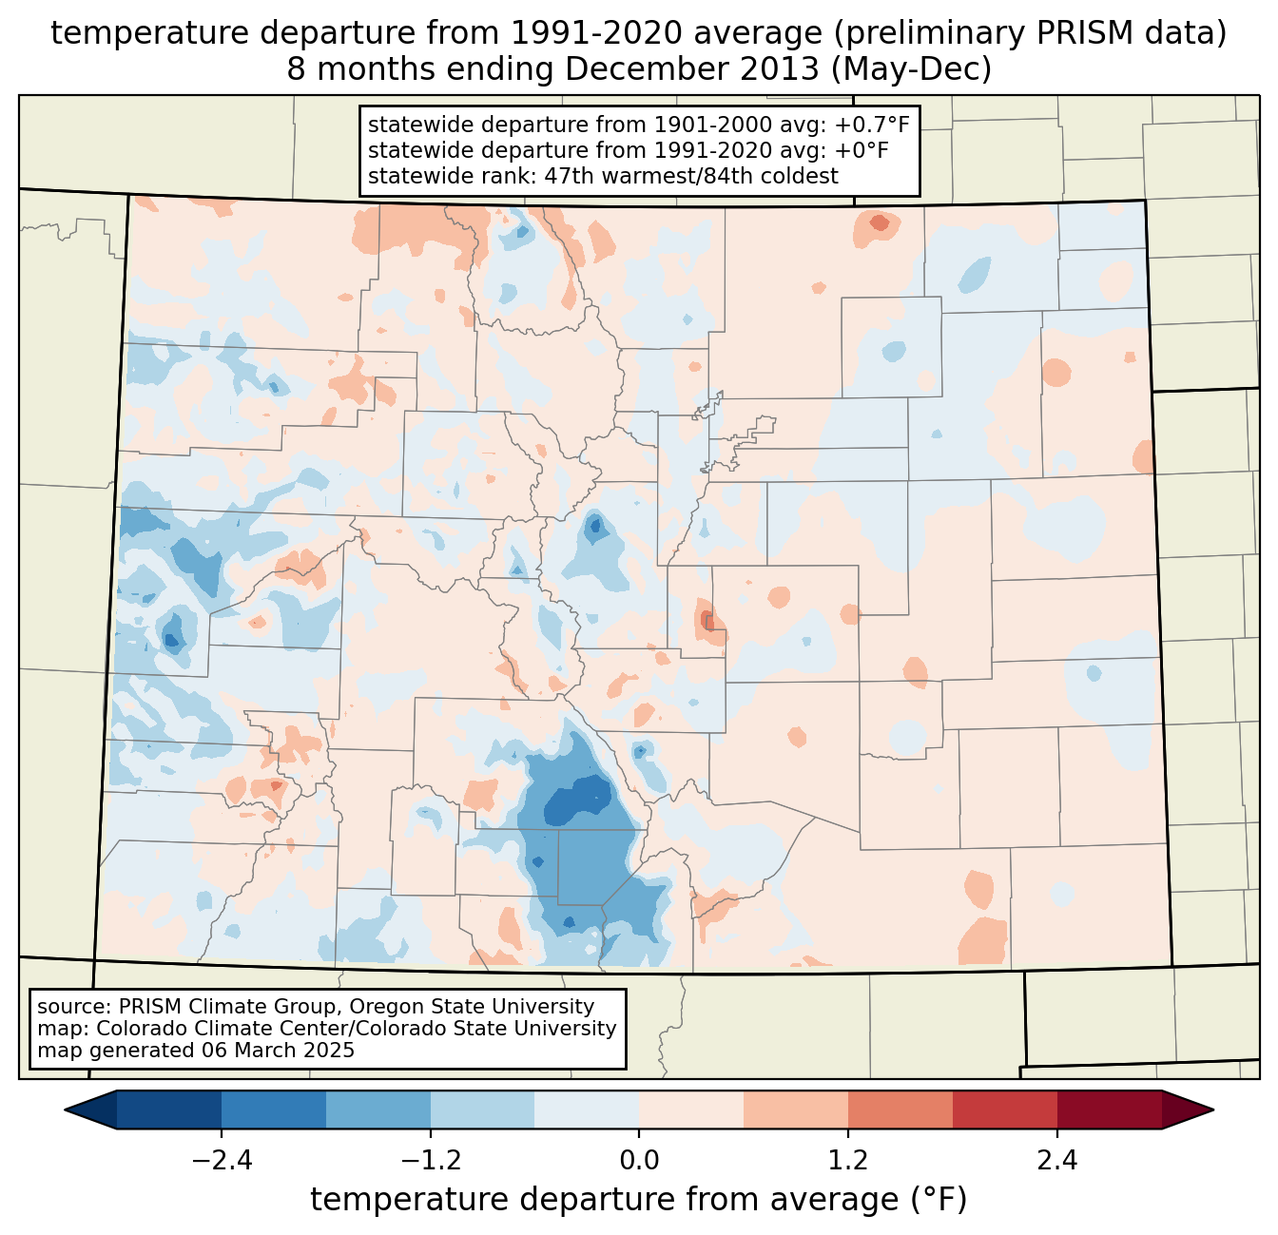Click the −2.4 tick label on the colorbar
click(221, 1161)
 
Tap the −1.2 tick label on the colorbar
click(430, 1161)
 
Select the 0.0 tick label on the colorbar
click(639, 1161)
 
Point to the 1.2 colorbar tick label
click(848, 1161)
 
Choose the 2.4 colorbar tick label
click(1057, 1161)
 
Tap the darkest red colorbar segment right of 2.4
click(1109, 1110)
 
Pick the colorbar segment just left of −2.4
click(169, 1110)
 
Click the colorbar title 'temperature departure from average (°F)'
click(639, 1200)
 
